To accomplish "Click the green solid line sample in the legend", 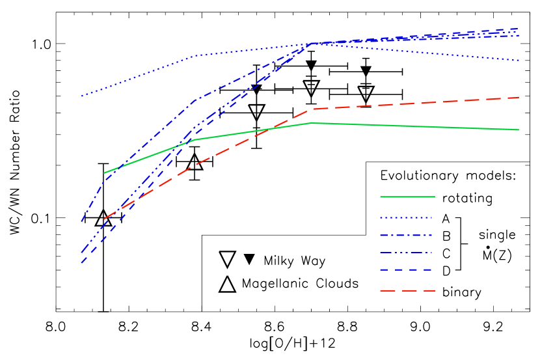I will [x=407, y=197].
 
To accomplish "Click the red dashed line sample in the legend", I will [x=407, y=290].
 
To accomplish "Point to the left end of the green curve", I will [x=104, y=173].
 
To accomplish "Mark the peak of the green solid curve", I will [x=312, y=122].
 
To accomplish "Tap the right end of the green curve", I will [x=519, y=130].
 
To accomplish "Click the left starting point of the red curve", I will [x=104, y=219].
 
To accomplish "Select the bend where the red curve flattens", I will [x=312, y=109].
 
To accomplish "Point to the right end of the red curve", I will [x=519, y=98].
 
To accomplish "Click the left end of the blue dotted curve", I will [x=81, y=96].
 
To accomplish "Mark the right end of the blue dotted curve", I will [x=519, y=61].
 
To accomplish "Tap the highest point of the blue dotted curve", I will [x=312, y=44].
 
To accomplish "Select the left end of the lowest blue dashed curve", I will [x=81, y=263].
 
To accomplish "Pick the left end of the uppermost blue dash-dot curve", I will [x=81, y=222].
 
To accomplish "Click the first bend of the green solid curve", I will [x=194, y=139].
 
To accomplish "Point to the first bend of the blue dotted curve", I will [x=194, y=56].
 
